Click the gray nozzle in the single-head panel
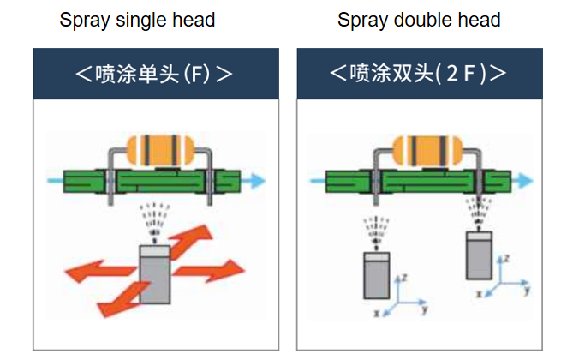[155, 273]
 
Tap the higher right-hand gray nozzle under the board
[480, 255]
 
